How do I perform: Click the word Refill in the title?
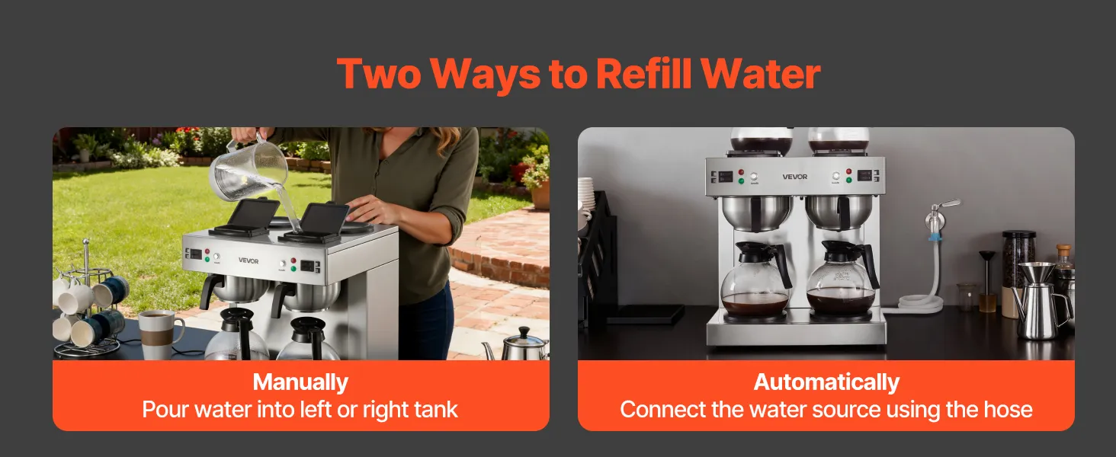coord(643,73)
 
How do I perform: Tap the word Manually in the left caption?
coord(300,382)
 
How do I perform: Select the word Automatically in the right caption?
coord(826,382)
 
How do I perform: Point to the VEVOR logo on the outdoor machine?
coord(248,260)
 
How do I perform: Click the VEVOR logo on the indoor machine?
coord(794,177)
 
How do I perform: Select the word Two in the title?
coord(379,73)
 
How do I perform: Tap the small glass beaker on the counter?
coord(967,297)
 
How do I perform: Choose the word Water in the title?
coord(760,73)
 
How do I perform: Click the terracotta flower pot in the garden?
coord(540,195)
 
